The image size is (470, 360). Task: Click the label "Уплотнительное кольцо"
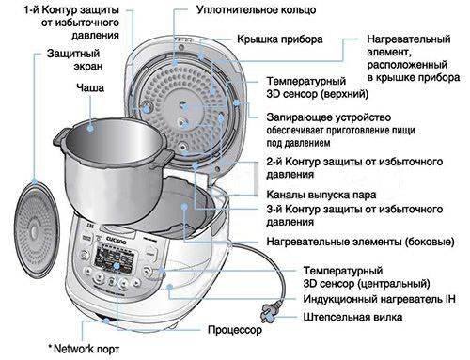click(256, 10)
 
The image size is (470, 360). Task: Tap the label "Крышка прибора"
click(280, 39)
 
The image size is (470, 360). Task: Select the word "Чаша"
click(90, 87)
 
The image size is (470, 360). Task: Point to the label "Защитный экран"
click(74, 59)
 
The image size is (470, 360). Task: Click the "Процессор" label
click(235, 330)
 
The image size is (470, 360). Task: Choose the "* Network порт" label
click(84, 349)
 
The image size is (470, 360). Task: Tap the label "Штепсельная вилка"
click(352, 317)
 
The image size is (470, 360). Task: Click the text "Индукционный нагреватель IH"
click(379, 299)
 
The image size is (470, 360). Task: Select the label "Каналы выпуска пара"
click(321, 195)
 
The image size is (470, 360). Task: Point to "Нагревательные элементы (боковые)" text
click(360, 242)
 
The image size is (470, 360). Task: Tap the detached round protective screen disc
click(37, 229)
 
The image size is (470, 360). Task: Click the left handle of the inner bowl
click(59, 138)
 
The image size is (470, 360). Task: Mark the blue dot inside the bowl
click(90, 128)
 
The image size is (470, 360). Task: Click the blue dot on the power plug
click(271, 318)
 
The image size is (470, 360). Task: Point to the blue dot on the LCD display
click(117, 266)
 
